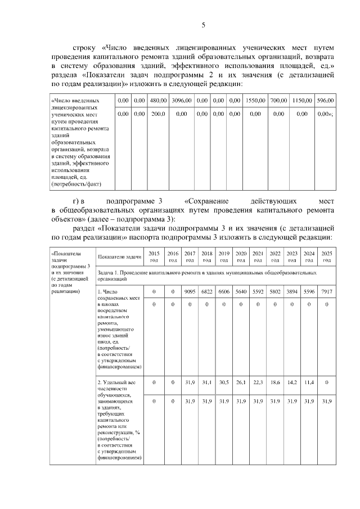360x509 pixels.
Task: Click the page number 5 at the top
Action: (204, 25)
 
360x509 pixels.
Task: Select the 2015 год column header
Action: (154, 256)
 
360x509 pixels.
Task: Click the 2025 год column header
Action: (326, 256)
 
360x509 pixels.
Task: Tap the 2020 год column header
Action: (241, 256)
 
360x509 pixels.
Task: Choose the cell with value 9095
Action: (190, 291)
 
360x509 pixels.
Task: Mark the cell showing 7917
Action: (326, 291)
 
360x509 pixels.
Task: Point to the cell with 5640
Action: (241, 291)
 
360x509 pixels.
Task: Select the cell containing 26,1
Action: (241, 382)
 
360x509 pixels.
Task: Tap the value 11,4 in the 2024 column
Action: (309, 382)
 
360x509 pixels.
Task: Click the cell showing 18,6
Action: (275, 382)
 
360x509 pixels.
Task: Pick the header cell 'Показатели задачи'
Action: (119, 256)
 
